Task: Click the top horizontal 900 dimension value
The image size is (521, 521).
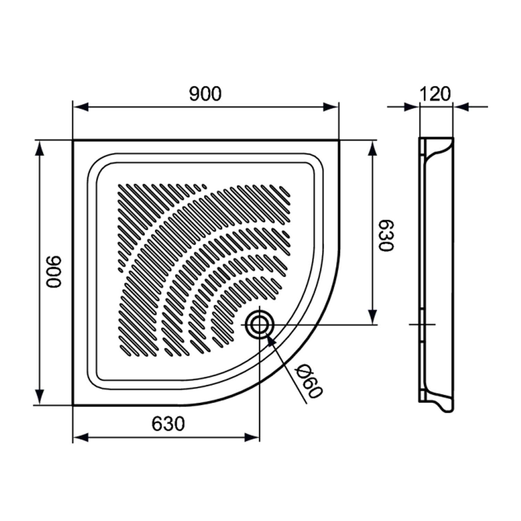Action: tap(205, 94)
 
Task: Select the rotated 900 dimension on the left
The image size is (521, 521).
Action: tap(54, 272)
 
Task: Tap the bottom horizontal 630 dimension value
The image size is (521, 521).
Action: tap(168, 424)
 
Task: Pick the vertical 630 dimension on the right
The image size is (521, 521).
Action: tap(386, 235)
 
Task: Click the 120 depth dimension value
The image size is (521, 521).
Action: tap(435, 94)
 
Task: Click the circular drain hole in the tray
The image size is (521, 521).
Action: tap(259, 325)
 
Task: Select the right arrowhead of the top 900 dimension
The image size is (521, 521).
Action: tap(330, 107)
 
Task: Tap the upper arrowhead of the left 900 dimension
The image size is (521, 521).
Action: tap(40, 149)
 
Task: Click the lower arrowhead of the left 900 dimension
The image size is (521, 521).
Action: tap(40, 397)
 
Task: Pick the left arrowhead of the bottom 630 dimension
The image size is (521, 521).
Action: tap(81, 437)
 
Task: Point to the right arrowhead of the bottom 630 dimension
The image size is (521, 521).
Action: tap(251, 437)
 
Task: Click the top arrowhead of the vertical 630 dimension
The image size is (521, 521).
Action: tap(372, 149)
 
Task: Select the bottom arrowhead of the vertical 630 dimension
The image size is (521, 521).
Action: tap(372, 317)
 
